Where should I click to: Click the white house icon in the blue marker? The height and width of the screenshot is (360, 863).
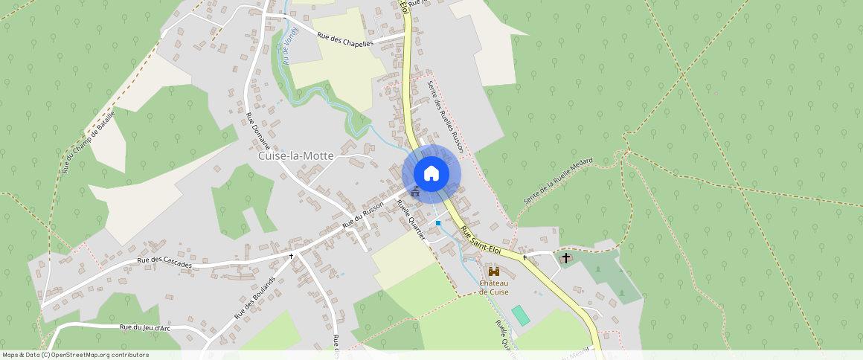coord(431,174)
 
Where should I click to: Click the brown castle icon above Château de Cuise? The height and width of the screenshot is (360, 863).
coord(494,271)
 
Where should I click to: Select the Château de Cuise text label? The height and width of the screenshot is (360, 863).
coord(493,287)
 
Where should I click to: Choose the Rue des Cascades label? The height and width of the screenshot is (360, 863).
coord(164,263)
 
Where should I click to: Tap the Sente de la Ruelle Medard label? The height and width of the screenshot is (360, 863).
coord(558,181)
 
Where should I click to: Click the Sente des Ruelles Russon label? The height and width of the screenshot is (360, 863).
coord(446,117)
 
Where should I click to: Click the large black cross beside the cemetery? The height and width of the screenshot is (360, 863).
coord(566,258)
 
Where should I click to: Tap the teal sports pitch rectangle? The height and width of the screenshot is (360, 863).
coord(521,315)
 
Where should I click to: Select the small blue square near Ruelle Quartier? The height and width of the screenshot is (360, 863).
coord(438,223)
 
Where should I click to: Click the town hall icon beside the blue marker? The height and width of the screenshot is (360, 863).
coord(414,193)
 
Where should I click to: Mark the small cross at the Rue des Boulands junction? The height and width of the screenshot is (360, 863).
coord(291,256)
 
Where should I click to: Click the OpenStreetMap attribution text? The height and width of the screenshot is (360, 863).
coord(75,355)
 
